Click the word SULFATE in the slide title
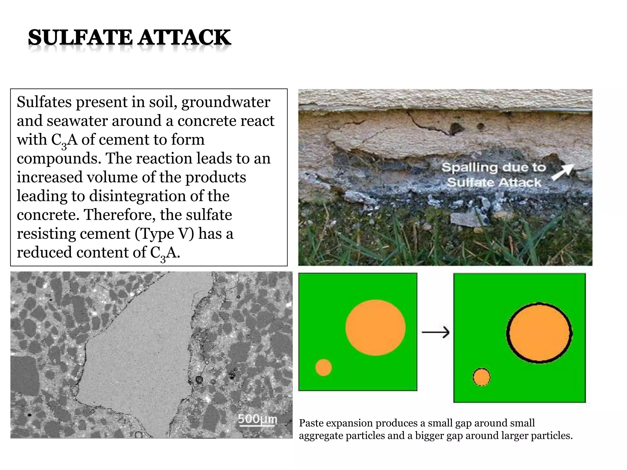click(80, 38)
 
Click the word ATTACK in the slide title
click(184, 38)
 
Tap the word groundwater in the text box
click(226, 102)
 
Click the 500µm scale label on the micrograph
click(257, 419)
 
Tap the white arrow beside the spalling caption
click(562, 172)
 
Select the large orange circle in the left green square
click(375, 328)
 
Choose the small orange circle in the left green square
click(324, 367)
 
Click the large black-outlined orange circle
click(539, 333)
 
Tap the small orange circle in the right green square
click(481, 377)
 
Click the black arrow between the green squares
click(436, 332)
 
